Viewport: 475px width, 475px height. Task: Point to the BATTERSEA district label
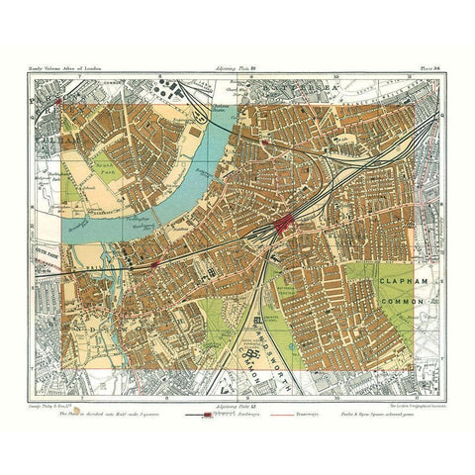(315, 88)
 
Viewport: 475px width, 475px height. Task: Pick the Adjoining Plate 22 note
(237, 75)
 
